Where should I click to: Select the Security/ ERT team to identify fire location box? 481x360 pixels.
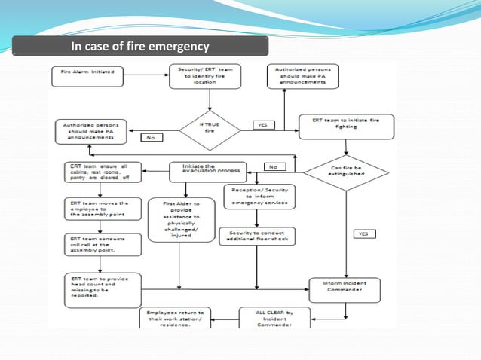pyautogui.click(x=200, y=75)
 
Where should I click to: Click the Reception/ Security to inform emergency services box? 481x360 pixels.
pyautogui.click(x=259, y=196)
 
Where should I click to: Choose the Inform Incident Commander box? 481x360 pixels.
pyautogui.click(x=346, y=287)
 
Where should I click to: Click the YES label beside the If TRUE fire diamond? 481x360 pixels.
pyautogui.click(x=263, y=125)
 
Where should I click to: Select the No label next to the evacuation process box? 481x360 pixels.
pyautogui.click(x=273, y=166)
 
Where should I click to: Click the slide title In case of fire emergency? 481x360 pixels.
pyautogui.click(x=140, y=47)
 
